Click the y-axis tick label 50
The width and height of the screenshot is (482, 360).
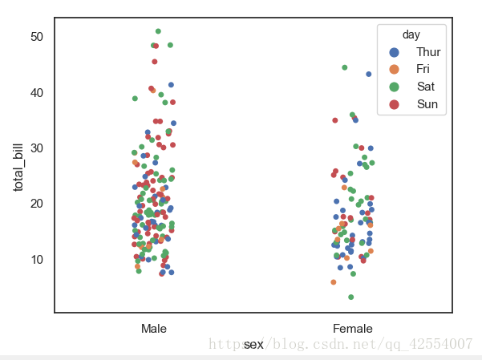coord(38,37)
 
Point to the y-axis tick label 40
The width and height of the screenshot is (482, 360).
coord(38,93)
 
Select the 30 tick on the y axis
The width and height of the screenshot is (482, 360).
coord(38,148)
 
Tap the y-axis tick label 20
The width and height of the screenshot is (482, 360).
coord(38,204)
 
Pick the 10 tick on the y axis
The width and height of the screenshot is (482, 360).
coord(38,259)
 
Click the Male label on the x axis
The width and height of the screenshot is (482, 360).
coord(153,329)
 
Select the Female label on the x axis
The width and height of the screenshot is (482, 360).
coord(353,329)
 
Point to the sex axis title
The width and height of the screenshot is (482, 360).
coord(253,344)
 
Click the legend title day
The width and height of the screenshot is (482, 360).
coord(411,35)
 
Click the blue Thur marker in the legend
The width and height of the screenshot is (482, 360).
coord(394,52)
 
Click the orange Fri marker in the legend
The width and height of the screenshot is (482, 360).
coord(394,70)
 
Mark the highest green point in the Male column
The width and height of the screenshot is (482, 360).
coord(158,31)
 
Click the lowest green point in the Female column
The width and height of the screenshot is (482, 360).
coord(350,297)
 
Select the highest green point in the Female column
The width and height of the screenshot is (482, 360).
coord(345,67)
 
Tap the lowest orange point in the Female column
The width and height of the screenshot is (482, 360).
coord(334,282)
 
